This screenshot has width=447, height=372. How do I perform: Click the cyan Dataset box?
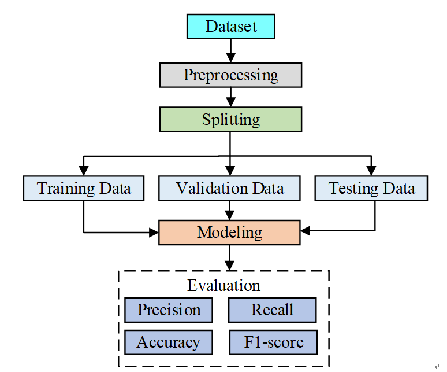(x=230, y=26)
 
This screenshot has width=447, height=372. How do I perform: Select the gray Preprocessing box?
(x=230, y=75)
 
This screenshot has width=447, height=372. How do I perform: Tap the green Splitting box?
(x=230, y=119)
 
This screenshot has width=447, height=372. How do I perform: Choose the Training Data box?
(x=84, y=188)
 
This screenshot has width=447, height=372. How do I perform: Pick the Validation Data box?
(x=229, y=188)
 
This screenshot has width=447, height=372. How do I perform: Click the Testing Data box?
(x=371, y=188)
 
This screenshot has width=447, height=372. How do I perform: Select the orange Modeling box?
(x=229, y=233)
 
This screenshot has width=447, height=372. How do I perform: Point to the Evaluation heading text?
(x=223, y=285)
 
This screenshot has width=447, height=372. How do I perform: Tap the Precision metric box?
(x=169, y=310)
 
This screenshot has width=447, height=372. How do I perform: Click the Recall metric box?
(x=272, y=310)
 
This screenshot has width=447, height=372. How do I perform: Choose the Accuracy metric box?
(x=169, y=342)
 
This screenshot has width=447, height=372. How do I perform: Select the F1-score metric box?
(x=273, y=342)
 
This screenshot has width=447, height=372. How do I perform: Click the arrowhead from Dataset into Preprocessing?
(x=230, y=58)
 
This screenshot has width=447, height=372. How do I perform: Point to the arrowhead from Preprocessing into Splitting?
(x=230, y=102)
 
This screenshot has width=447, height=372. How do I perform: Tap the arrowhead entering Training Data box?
(x=84, y=171)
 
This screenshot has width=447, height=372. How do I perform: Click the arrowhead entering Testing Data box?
(x=371, y=171)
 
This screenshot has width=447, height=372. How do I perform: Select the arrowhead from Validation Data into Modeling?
(x=229, y=215)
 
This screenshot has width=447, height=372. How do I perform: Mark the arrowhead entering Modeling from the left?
(x=154, y=233)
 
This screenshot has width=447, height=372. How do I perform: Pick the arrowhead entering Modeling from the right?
(x=306, y=230)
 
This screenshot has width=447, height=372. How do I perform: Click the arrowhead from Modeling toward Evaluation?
(x=229, y=266)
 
